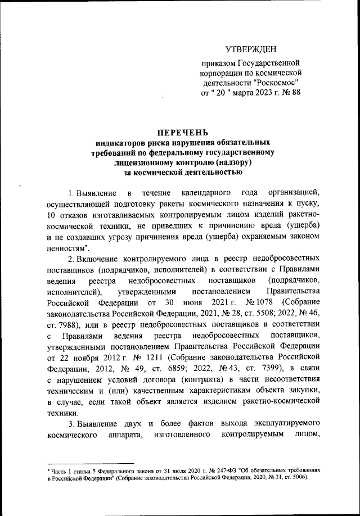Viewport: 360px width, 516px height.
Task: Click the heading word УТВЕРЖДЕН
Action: (251, 51)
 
